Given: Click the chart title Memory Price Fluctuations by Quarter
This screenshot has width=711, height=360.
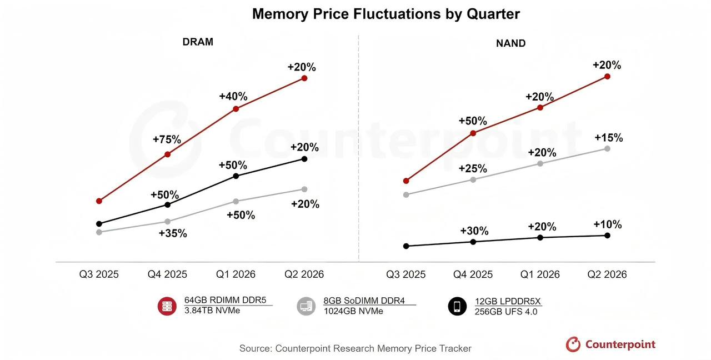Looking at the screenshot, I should (x=385, y=14).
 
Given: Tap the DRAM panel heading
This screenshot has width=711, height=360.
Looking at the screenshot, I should (x=198, y=42).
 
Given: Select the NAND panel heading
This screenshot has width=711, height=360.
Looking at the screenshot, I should (x=510, y=43).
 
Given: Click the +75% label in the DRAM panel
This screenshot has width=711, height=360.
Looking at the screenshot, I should (x=167, y=139).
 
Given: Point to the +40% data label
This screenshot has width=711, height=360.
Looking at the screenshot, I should (x=233, y=96).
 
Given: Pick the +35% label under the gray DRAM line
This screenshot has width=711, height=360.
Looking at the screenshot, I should (x=173, y=233).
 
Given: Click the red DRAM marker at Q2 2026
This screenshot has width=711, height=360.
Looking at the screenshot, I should (x=304, y=78).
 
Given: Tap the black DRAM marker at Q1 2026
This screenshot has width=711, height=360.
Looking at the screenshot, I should (x=236, y=176).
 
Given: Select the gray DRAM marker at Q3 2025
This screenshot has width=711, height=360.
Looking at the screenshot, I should (x=99, y=232).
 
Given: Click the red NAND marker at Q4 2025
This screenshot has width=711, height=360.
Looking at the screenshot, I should (x=473, y=133).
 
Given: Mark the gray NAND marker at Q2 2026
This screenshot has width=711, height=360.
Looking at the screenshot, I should (x=607, y=148).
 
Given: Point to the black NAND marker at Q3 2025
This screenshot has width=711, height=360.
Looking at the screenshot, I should (x=406, y=246).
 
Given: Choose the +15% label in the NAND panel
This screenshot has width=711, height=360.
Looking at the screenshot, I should (x=609, y=137).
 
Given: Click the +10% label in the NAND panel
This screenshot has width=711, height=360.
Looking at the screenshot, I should (x=608, y=224).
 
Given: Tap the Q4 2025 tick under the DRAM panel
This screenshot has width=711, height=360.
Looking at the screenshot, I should (x=167, y=274).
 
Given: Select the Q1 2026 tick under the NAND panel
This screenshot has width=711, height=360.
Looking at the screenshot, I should (x=540, y=274).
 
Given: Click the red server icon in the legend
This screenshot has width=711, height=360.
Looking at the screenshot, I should (x=167, y=306).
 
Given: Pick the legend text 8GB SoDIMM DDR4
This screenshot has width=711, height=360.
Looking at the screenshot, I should (x=364, y=301).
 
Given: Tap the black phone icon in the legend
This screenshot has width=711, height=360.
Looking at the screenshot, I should (x=457, y=306).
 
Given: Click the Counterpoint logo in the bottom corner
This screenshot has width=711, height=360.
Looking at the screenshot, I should (x=610, y=344).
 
